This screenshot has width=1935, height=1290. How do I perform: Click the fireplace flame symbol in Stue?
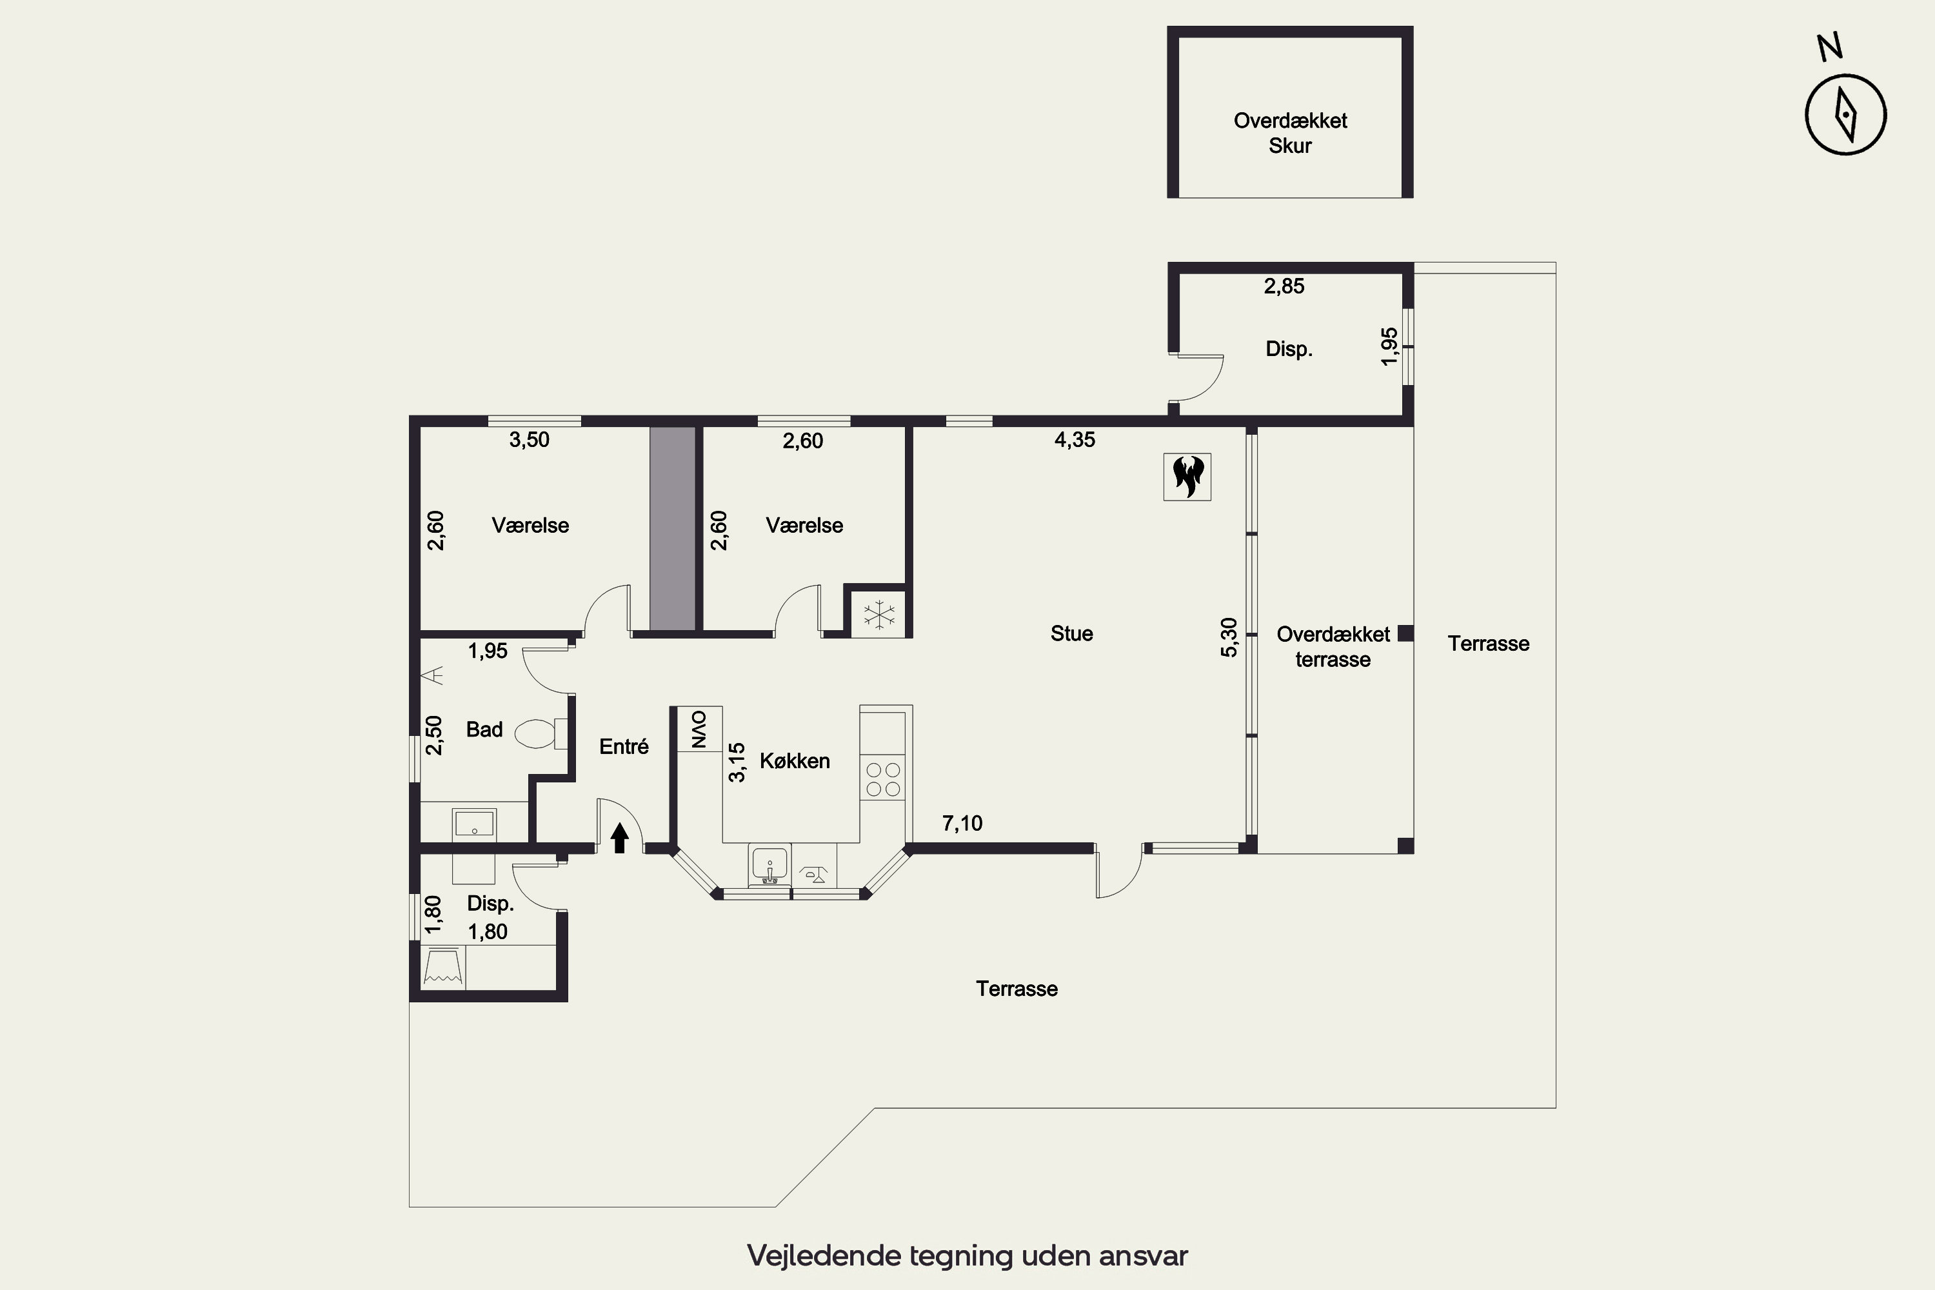click(x=1187, y=477)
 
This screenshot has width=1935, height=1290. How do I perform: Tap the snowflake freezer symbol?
click(x=878, y=615)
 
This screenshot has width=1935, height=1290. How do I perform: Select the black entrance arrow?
click(x=619, y=838)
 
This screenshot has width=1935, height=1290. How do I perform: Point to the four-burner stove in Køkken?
click(x=883, y=779)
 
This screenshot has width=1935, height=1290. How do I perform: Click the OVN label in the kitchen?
click(x=698, y=729)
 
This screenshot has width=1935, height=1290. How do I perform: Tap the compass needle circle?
click(x=1845, y=114)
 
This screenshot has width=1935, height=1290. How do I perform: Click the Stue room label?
click(x=1071, y=633)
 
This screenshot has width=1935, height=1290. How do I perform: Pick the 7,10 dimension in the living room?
click(x=962, y=824)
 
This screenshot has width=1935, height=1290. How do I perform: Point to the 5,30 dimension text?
click(x=1228, y=638)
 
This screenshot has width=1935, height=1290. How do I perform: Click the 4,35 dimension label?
click(x=1075, y=440)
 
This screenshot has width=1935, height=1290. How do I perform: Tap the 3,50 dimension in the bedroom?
click(x=529, y=440)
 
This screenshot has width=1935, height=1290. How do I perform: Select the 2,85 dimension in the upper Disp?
click(x=1284, y=286)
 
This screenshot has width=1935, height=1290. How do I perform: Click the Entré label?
click(x=624, y=746)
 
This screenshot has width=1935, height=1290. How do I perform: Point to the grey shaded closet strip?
click(x=673, y=528)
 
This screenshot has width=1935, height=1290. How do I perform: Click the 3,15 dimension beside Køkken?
click(x=737, y=762)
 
